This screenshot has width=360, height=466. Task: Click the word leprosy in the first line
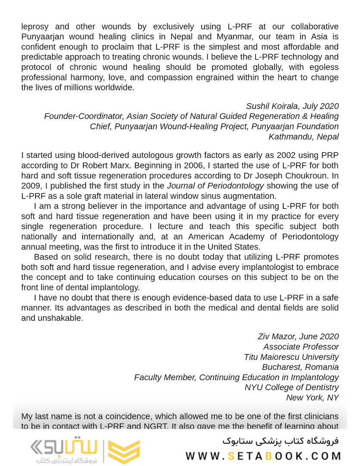point(36,26)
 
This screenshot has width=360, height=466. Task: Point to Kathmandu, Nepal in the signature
point(304,137)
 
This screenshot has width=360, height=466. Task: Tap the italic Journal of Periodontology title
point(215,186)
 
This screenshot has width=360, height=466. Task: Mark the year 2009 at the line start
point(30,186)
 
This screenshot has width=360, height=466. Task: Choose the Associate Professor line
point(301,347)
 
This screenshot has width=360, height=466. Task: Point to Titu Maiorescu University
point(291,357)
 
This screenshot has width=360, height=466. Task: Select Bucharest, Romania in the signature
point(300,367)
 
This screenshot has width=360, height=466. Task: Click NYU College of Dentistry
point(291,387)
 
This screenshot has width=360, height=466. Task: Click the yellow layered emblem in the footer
point(124,451)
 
